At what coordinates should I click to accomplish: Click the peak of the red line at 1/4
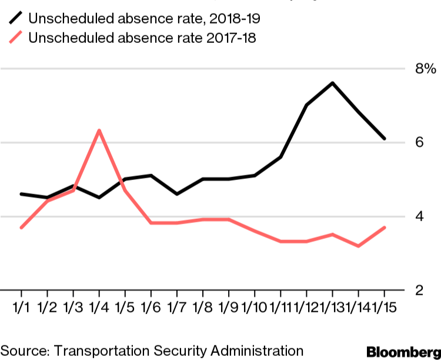[x=99, y=130]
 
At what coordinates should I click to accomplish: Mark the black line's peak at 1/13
[x=333, y=83]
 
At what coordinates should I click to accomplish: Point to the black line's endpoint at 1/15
[x=385, y=139]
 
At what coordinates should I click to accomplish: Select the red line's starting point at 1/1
[x=21, y=227]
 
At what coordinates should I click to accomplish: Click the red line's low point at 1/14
[x=359, y=246]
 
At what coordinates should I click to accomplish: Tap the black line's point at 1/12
[x=306, y=105]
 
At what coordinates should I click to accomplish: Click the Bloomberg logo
[x=403, y=351]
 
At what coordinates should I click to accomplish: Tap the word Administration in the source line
[x=253, y=351]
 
